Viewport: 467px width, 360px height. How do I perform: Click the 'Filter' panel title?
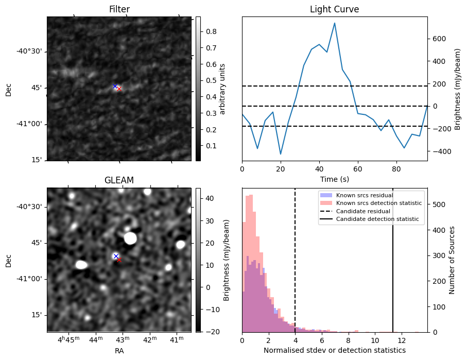(x=119, y=9)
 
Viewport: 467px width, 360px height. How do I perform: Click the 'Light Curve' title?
(x=334, y=9)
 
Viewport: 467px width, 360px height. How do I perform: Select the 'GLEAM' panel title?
(x=119, y=180)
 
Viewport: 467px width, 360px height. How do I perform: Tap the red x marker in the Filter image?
(x=119, y=89)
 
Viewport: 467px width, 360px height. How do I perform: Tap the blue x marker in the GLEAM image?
(x=116, y=256)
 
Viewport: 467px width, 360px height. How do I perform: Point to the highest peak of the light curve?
(x=335, y=23)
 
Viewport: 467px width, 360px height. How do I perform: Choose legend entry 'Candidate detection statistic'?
(x=377, y=219)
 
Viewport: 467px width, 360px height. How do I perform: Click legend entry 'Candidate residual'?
(x=362, y=212)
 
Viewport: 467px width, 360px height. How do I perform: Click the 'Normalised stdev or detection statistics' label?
(x=334, y=350)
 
